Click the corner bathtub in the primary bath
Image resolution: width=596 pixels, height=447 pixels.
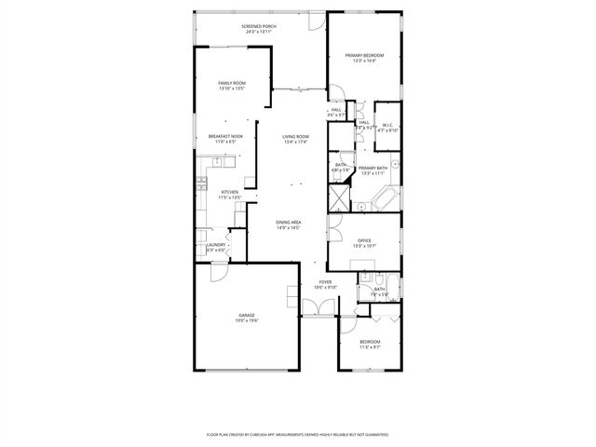click(x=386, y=198)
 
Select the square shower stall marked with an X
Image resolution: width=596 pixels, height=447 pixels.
click(x=338, y=198)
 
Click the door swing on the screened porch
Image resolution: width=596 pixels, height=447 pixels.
click(x=318, y=19)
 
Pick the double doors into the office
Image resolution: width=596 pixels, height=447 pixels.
click(x=335, y=223)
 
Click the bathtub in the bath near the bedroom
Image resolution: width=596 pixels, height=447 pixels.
click(x=391, y=290)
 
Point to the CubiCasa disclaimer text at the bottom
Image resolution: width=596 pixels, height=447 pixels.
click(x=298, y=434)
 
